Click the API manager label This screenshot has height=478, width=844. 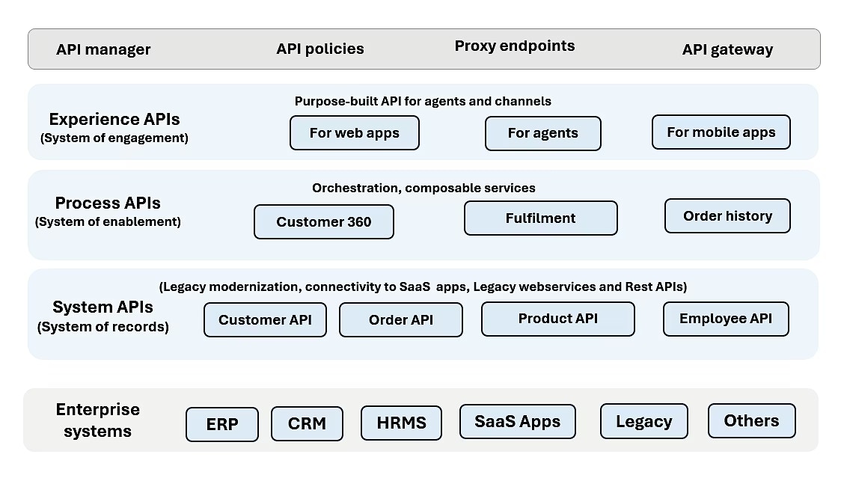pyautogui.click(x=103, y=49)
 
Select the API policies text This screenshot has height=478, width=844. pyautogui.click(x=320, y=49)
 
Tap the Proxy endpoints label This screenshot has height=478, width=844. pyautogui.click(x=515, y=46)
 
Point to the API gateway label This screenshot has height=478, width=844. pyautogui.click(x=727, y=49)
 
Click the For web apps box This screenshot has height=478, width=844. pyautogui.click(x=355, y=133)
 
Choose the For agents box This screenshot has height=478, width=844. pyautogui.click(x=543, y=133)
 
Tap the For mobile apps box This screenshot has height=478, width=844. pyautogui.click(x=721, y=132)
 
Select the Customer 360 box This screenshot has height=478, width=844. pyautogui.click(x=324, y=221)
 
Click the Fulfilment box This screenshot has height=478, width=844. pyautogui.click(x=541, y=218)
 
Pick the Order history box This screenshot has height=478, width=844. pyautogui.click(x=727, y=215)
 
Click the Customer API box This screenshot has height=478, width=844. pyautogui.click(x=265, y=319)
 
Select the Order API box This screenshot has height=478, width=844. pyautogui.click(x=401, y=319)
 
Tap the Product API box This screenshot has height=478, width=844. pyautogui.click(x=558, y=318)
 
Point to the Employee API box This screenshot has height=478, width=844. pyautogui.click(x=726, y=318)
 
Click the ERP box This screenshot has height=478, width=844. pyautogui.click(x=222, y=424)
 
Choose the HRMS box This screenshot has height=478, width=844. pyautogui.click(x=401, y=423)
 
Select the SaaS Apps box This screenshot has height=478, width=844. pyautogui.click(x=518, y=420)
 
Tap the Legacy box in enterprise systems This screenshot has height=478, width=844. pyautogui.click(x=643, y=421)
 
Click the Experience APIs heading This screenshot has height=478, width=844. pyautogui.click(x=114, y=119)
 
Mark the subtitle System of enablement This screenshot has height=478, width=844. pyautogui.click(x=108, y=221)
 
